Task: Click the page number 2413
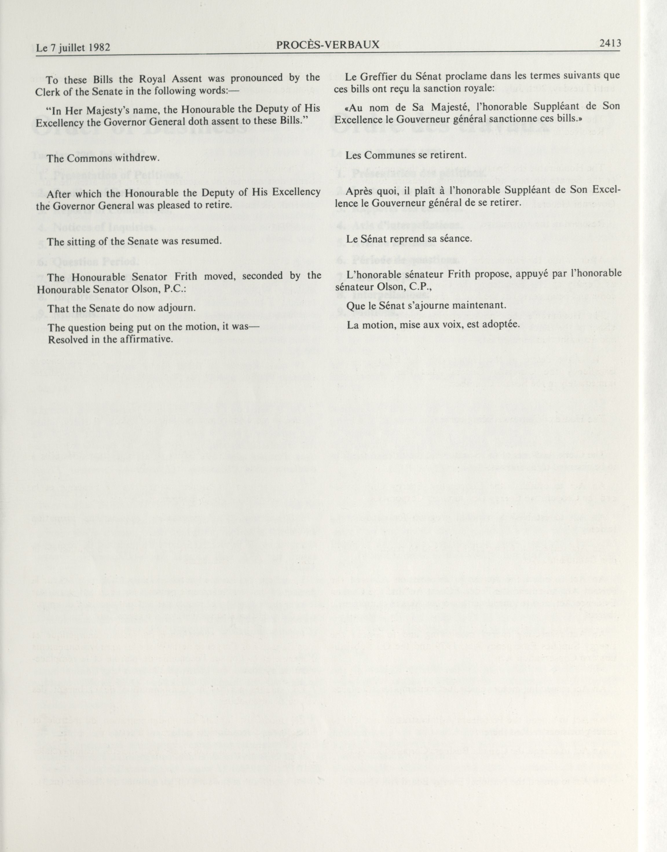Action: [x=610, y=44]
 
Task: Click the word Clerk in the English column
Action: [x=48, y=92]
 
